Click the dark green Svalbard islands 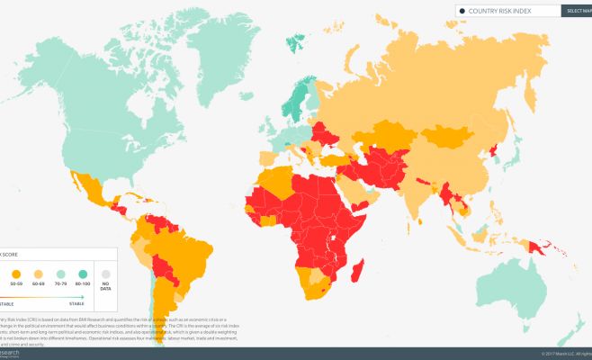click(294, 40)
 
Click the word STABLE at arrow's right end click(76, 305)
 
